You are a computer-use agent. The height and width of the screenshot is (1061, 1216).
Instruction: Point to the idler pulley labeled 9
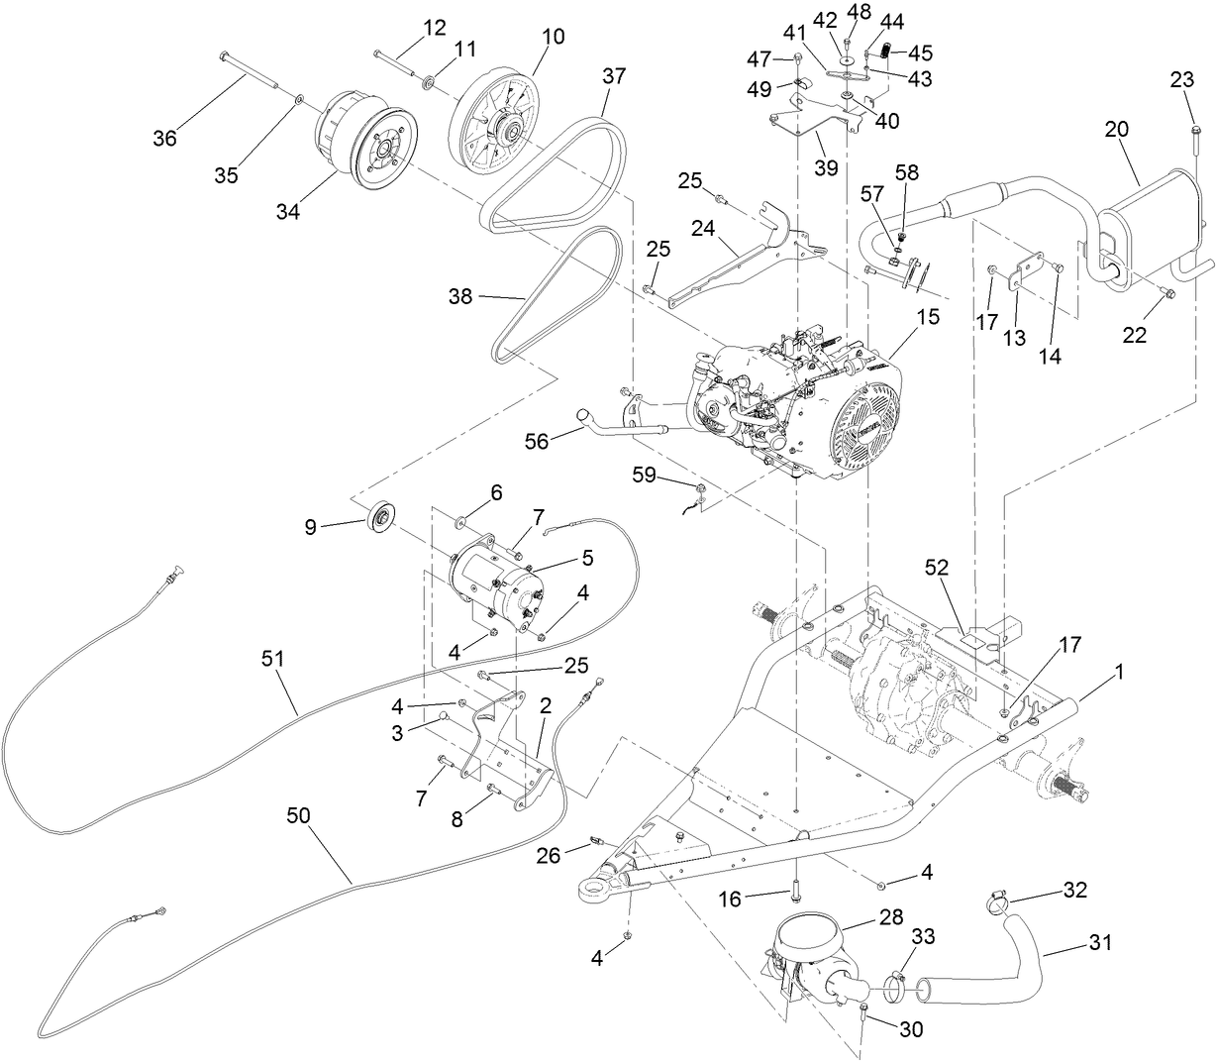378,517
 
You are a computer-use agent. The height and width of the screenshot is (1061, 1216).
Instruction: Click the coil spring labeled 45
886,52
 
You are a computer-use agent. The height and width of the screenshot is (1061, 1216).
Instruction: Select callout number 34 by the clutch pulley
288,211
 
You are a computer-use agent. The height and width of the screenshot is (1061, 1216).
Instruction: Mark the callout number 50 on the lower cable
298,814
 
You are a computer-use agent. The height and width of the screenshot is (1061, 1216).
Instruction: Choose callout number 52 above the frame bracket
936,569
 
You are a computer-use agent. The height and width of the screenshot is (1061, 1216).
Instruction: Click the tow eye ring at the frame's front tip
596,891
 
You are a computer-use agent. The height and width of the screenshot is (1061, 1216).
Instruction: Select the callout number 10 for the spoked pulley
553,37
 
